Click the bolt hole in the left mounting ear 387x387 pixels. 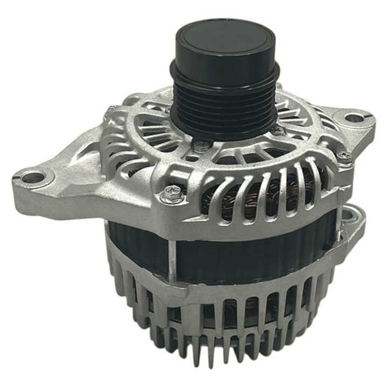click(x=33, y=177)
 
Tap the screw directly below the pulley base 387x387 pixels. click(x=202, y=145)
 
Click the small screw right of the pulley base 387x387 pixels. click(x=278, y=131)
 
